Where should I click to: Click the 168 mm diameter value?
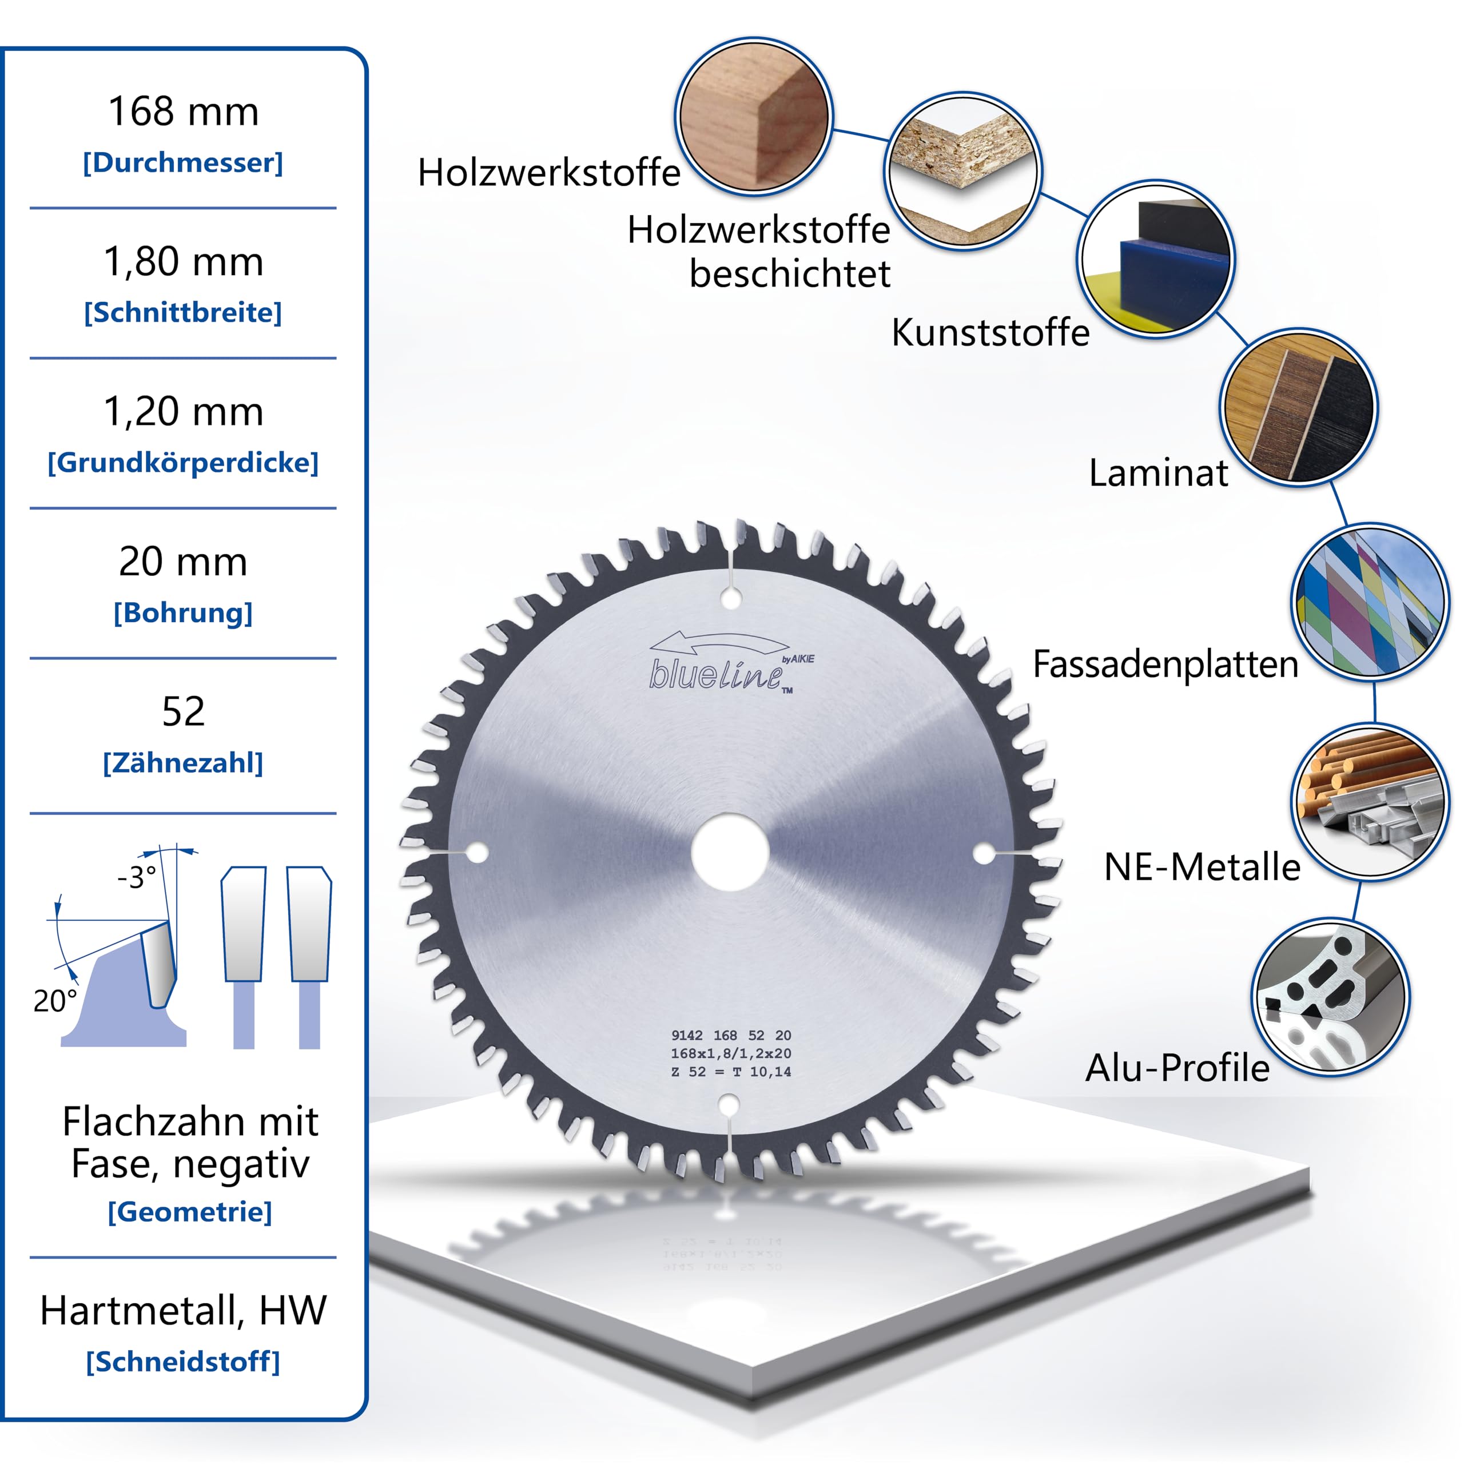184,112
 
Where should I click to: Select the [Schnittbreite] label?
182,312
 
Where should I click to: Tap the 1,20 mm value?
184,412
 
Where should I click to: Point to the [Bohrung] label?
182,612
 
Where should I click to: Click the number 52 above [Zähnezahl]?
184,711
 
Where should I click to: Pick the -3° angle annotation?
137,877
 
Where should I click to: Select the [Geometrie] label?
189,1212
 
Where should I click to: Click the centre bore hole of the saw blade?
730,852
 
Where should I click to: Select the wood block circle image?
754,117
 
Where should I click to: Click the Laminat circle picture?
1299,408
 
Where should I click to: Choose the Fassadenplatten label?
1165,664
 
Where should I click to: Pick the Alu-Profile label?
1177,1068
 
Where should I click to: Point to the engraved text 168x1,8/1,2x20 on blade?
730,1053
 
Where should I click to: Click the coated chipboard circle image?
963,171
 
